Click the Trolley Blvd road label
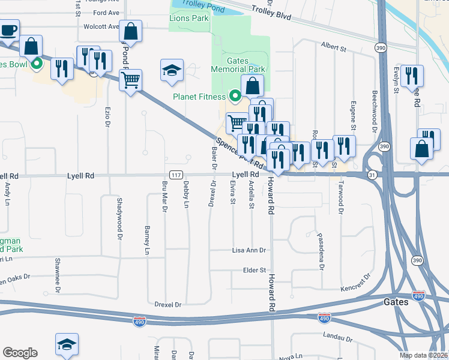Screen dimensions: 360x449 click(271, 14)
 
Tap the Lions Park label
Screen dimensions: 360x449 click(188, 19)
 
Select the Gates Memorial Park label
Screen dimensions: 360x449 click(238, 65)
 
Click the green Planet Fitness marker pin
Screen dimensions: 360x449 click(235, 96)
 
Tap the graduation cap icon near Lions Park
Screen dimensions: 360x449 click(172, 70)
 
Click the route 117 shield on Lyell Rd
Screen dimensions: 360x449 click(175, 175)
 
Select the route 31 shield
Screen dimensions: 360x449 click(372, 175)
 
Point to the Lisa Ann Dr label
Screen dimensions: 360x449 click(250, 250)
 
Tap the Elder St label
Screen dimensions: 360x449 click(254, 271)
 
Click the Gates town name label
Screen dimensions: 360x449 click(396, 302)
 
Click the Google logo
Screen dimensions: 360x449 click(20, 353)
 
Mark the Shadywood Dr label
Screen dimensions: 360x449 click(119, 210)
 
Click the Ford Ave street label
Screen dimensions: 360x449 click(107, 12)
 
